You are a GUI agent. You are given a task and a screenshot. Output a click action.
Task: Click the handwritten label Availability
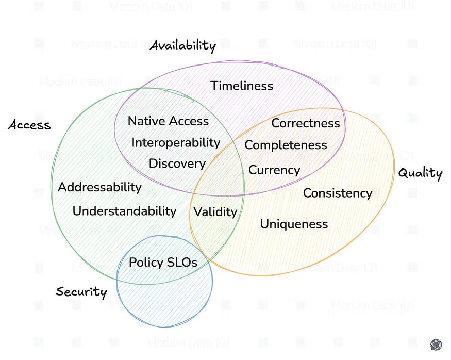click(182, 46)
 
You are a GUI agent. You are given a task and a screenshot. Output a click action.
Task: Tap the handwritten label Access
click(29, 125)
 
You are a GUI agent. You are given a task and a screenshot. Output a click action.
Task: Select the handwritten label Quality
click(420, 173)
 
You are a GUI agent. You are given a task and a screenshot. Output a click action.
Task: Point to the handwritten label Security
click(81, 292)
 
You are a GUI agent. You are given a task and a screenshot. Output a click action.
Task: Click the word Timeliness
click(242, 86)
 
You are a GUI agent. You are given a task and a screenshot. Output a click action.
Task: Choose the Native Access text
click(168, 121)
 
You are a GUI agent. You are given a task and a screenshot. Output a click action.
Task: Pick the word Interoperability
click(176, 142)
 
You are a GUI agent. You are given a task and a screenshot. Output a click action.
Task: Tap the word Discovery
click(177, 163)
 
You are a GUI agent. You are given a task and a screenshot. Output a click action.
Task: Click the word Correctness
click(306, 123)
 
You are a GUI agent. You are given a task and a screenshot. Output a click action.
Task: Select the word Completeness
click(286, 145)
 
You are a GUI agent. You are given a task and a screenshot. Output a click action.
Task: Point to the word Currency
click(274, 170)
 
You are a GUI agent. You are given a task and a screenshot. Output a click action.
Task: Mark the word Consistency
click(337, 193)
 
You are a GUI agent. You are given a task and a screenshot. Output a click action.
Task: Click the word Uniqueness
click(294, 224)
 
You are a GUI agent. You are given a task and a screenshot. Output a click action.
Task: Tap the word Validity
click(215, 211)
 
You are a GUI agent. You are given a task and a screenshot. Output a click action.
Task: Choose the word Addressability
click(99, 187)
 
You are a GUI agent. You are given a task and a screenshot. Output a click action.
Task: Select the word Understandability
click(124, 210)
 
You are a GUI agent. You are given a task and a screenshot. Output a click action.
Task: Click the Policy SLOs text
click(163, 262)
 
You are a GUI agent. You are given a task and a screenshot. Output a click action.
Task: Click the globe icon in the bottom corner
click(436, 345)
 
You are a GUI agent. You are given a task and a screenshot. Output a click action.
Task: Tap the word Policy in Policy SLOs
click(145, 262)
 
